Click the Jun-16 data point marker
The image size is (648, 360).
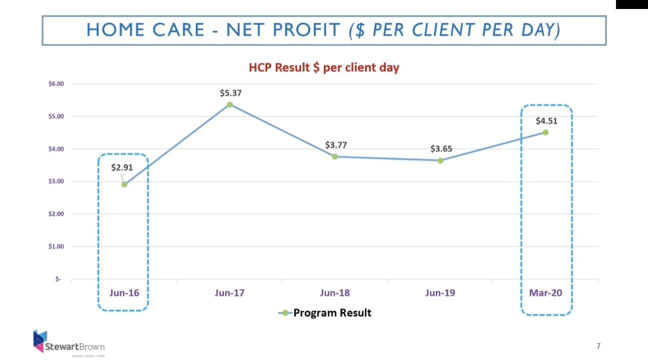click(124, 184)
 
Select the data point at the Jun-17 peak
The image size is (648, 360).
click(230, 104)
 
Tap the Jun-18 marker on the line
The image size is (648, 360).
click(335, 156)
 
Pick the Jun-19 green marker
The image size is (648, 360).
click(440, 160)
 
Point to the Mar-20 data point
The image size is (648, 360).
click(545, 132)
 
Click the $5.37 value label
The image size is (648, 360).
click(230, 93)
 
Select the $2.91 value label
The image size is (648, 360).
click(122, 167)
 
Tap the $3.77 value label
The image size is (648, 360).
click(336, 145)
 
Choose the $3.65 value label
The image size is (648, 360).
click(441, 149)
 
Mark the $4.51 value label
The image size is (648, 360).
click(546, 120)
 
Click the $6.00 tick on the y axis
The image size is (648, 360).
click(56, 84)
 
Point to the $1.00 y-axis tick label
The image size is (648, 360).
click(56, 246)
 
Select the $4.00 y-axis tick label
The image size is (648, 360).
click(56, 149)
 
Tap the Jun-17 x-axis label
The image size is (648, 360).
click(230, 293)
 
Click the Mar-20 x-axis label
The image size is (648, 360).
click(545, 293)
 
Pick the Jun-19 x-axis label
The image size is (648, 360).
click(440, 293)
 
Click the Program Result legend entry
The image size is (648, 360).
click(325, 313)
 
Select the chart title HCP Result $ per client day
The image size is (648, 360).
click(324, 67)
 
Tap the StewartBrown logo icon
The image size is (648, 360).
click(40, 340)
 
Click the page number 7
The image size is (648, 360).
click(598, 345)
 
